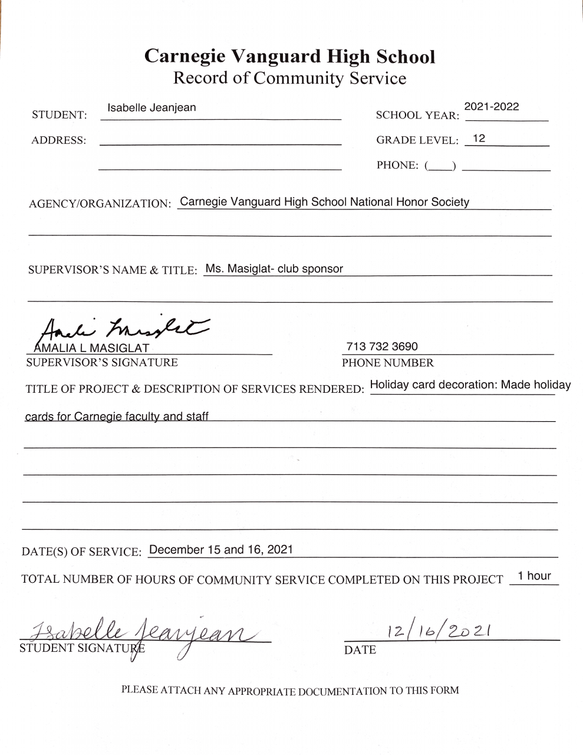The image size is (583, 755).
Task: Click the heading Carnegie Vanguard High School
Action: coord(290,57)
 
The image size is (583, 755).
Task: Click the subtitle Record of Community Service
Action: coord(289,78)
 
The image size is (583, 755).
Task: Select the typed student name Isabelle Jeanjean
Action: coord(151,108)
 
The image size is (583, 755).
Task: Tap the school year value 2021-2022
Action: coord(492,107)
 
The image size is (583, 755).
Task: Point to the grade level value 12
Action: coord(479,139)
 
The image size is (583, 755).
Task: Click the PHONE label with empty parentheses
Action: coord(416,165)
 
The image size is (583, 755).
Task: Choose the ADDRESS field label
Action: coord(58,140)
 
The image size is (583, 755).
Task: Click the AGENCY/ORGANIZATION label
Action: coord(100,204)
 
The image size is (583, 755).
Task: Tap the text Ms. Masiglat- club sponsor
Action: coord(274,269)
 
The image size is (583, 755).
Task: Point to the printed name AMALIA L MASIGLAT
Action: coord(91,348)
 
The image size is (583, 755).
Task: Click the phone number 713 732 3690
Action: coord(382,346)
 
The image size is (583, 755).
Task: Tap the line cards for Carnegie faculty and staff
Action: coord(117,416)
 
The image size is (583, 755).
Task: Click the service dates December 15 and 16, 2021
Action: coord(221,550)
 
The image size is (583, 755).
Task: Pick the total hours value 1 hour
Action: coord(534,576)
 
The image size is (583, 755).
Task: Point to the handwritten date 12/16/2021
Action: coord(439,631)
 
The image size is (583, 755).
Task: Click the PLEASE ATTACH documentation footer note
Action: coord(290,690)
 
